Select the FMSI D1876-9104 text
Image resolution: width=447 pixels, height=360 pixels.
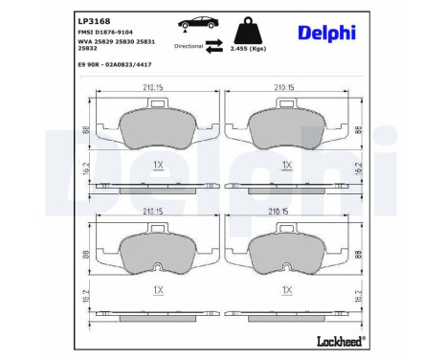pyautogui.click(x=104, y=33)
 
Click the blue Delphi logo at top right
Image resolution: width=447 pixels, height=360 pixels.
pyautogui.click(x=324, y=34)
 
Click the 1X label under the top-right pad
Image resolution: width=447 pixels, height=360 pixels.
pyautogui.click(x=286, y=166)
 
